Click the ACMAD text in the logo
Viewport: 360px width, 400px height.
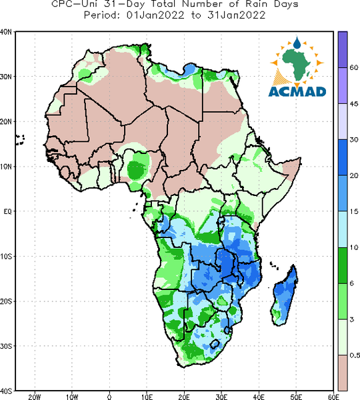pos(297,91)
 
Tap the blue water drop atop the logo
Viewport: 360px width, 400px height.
pos(297,43)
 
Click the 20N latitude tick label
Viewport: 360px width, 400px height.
pos(6,122)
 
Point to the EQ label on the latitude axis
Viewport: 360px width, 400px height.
pos(7,211)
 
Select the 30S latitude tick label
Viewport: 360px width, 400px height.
pos(6,346)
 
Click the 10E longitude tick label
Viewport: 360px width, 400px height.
pos(147,397)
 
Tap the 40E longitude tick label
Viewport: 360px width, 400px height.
pos(259,397)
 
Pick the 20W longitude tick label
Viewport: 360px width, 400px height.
pos(35,397)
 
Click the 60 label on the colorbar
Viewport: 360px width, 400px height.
pos(353,67)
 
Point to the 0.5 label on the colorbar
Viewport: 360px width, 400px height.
pos(355,355)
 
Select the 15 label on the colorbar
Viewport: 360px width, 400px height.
pos(353,211)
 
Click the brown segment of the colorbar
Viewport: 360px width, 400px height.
pos(343,373)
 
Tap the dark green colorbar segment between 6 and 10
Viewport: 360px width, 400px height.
pos(343,265)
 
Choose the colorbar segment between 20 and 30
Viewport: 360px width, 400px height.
pos(343,157)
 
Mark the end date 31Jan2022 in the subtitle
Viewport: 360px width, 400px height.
pos(236,15)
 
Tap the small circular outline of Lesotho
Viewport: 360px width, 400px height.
pos(215,344)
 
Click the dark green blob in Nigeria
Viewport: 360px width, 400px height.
pos(136,169)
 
